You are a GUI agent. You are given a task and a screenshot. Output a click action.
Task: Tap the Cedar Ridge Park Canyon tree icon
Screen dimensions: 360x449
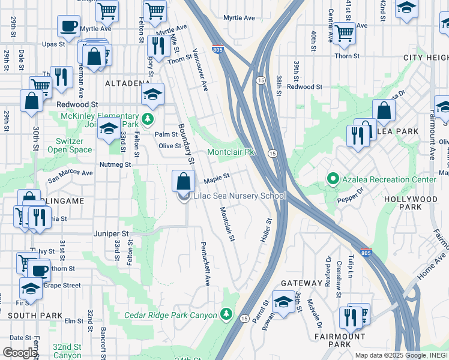[x=226, y=314]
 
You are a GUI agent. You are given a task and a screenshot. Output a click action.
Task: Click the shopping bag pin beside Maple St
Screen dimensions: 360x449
[x=183, y=181]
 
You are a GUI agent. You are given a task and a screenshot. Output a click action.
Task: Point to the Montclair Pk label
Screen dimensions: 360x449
[x=231, y=152]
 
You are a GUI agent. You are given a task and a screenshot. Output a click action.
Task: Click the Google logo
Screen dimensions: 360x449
[x=20, y=353]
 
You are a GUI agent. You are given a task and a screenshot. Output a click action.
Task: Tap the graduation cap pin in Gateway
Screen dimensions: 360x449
[x=283, y=302]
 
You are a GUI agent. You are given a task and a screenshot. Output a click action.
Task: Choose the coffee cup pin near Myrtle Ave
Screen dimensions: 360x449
[x=68, y=26]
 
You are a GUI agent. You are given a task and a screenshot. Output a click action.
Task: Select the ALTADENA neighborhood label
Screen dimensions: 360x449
[x=127, y=83]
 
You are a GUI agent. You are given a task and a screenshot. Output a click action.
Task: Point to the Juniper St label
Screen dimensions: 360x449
[x=112, y=233]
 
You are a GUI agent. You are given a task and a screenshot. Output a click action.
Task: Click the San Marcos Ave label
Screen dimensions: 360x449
[x=71, y=173]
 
